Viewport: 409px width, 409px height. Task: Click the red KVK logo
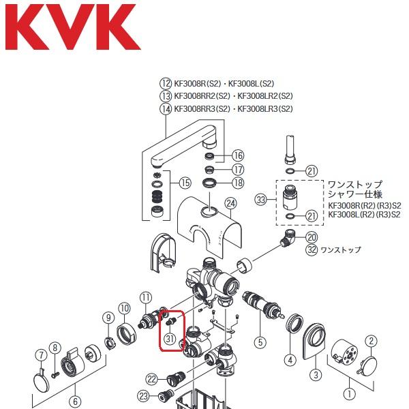(72, 29)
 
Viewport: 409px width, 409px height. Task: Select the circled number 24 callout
(230, 203)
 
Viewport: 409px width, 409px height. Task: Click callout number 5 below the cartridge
(260, 342)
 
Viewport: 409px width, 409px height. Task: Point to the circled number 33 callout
(260, 200)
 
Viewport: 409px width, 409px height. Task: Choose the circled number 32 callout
(312, 249)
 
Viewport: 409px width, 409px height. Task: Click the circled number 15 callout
(185, 183)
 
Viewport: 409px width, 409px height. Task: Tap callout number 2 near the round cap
(371, 341)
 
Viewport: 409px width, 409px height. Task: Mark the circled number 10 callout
(124, 309)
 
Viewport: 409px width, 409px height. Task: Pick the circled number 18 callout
(238, 183)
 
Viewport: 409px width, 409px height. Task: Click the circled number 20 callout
(312, 237)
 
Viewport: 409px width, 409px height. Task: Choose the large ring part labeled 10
(127, 334)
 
